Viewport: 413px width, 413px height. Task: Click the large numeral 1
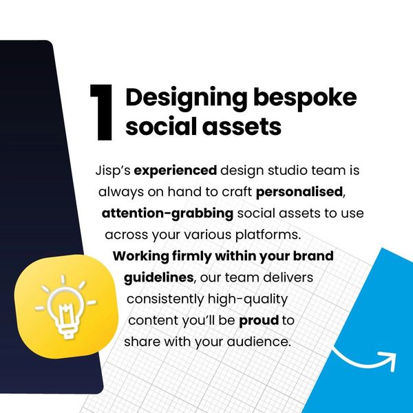tap(101, 112)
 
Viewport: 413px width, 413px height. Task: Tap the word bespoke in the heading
tap(305, 98)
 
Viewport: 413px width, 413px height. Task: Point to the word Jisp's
tap(113, 171)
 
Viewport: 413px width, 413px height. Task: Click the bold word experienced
tap(176, 171)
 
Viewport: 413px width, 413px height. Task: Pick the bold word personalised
tap(299, 192)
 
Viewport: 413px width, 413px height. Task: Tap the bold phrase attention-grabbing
tap(167, 213)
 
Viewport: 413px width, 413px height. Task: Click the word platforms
tap(268, 235)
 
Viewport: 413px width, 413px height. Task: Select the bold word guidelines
tap(159, 277)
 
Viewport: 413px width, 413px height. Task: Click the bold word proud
tap(259, 321)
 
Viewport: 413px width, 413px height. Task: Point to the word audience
tap(259, 341)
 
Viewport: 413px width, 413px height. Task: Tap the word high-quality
tap(248, 299)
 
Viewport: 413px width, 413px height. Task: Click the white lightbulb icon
tap(65, 307)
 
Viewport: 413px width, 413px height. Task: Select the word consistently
tap(165, 299)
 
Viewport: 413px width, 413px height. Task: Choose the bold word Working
tap(141, 256)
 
